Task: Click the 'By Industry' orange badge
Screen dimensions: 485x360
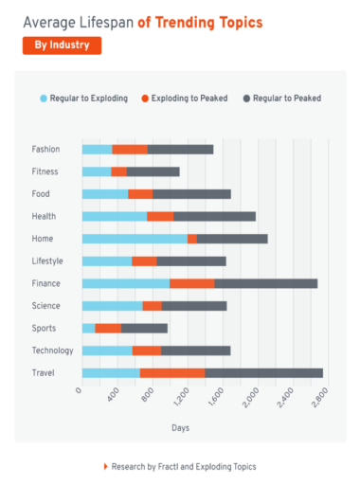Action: (x=62, y=45)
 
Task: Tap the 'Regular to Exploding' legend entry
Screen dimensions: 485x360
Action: (x=83, y=98)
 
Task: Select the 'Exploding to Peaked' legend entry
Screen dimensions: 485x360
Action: (x=184, y=98)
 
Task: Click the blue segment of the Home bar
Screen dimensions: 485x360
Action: (x=135, y=239)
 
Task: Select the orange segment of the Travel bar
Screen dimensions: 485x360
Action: (x=172, y=372)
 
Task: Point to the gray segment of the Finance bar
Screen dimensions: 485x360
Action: (x=265, y=283)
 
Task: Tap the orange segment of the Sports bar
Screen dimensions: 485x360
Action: (x=108, y=328)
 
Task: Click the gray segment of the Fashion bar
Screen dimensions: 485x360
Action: (x=180, y=149)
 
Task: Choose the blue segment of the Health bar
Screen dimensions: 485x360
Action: (x=115, y=216)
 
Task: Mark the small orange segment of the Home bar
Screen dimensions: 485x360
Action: (x=192, y=239)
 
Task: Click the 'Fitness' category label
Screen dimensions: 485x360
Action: (x=45, y=171)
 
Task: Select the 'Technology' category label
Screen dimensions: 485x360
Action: (x=51, y=350)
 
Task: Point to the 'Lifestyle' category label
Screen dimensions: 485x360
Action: (x=48, y=260)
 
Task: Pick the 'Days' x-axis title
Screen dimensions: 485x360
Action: (x=180, y=428)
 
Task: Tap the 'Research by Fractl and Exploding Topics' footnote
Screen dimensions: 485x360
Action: (x=183, y=466)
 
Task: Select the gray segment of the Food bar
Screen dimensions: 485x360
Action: (x=191, y=194)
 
